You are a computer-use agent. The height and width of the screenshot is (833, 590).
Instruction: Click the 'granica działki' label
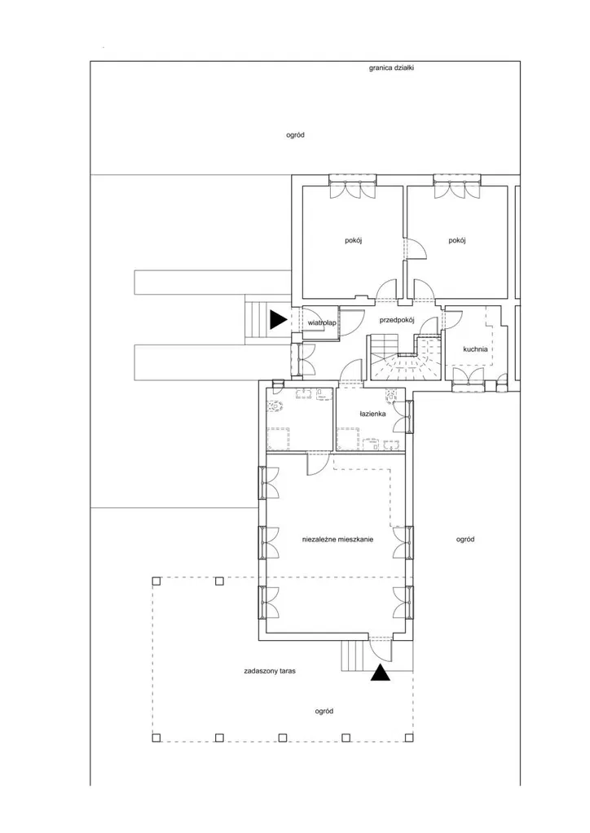coord(391,68)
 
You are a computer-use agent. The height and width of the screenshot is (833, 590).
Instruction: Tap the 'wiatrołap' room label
coord(322,322)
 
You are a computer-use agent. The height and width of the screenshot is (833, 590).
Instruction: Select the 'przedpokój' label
coord(397,320)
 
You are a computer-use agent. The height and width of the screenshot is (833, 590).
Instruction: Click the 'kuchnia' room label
coord(475,349)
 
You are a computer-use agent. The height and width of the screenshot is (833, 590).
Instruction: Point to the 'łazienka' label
coord(372,414)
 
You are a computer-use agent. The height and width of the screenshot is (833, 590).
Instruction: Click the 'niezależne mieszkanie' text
coord(337,539)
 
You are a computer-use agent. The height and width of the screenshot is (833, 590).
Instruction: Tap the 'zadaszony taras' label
coord(270,671)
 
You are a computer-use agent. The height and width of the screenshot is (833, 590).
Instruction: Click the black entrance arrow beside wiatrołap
coord(278,319)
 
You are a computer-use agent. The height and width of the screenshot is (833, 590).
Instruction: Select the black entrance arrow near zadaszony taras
coord(381,673)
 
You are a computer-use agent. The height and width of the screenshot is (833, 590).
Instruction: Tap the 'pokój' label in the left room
coord(354,240)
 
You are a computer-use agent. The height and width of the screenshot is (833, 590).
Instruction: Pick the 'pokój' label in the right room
coord(457,240)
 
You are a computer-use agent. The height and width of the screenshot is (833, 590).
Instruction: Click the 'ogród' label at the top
coord(296,135)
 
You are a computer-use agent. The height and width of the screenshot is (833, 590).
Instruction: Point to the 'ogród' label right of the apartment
coord(465,539)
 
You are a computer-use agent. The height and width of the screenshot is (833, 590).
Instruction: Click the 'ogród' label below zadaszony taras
coord(324,711)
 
